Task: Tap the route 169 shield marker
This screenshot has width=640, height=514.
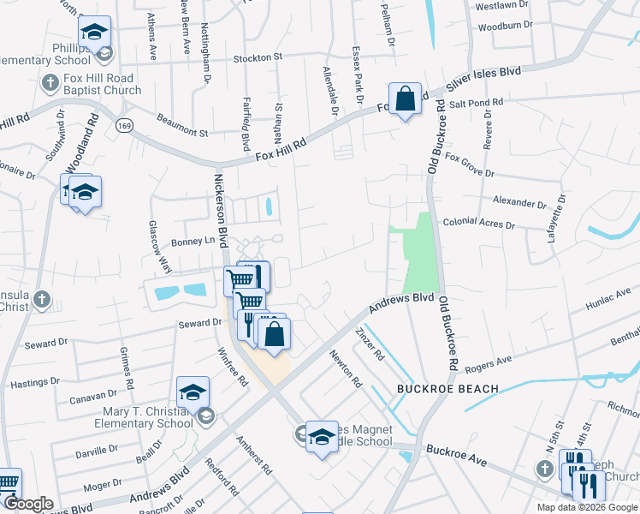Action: coord(126,126)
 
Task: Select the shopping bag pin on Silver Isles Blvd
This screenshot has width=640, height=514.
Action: coord(405,100)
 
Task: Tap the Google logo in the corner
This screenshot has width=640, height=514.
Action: coord(29,503)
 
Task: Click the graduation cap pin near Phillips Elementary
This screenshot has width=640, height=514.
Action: coord(95,34)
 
